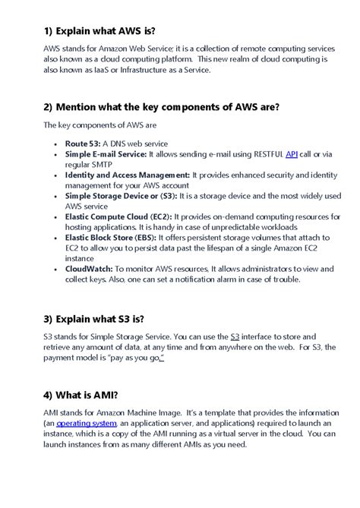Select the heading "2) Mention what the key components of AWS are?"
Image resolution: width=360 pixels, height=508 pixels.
coord(161,107)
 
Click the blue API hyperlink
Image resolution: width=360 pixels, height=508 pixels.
coord(292,154)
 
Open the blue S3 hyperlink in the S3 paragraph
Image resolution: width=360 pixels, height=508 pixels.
coord(235,335)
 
